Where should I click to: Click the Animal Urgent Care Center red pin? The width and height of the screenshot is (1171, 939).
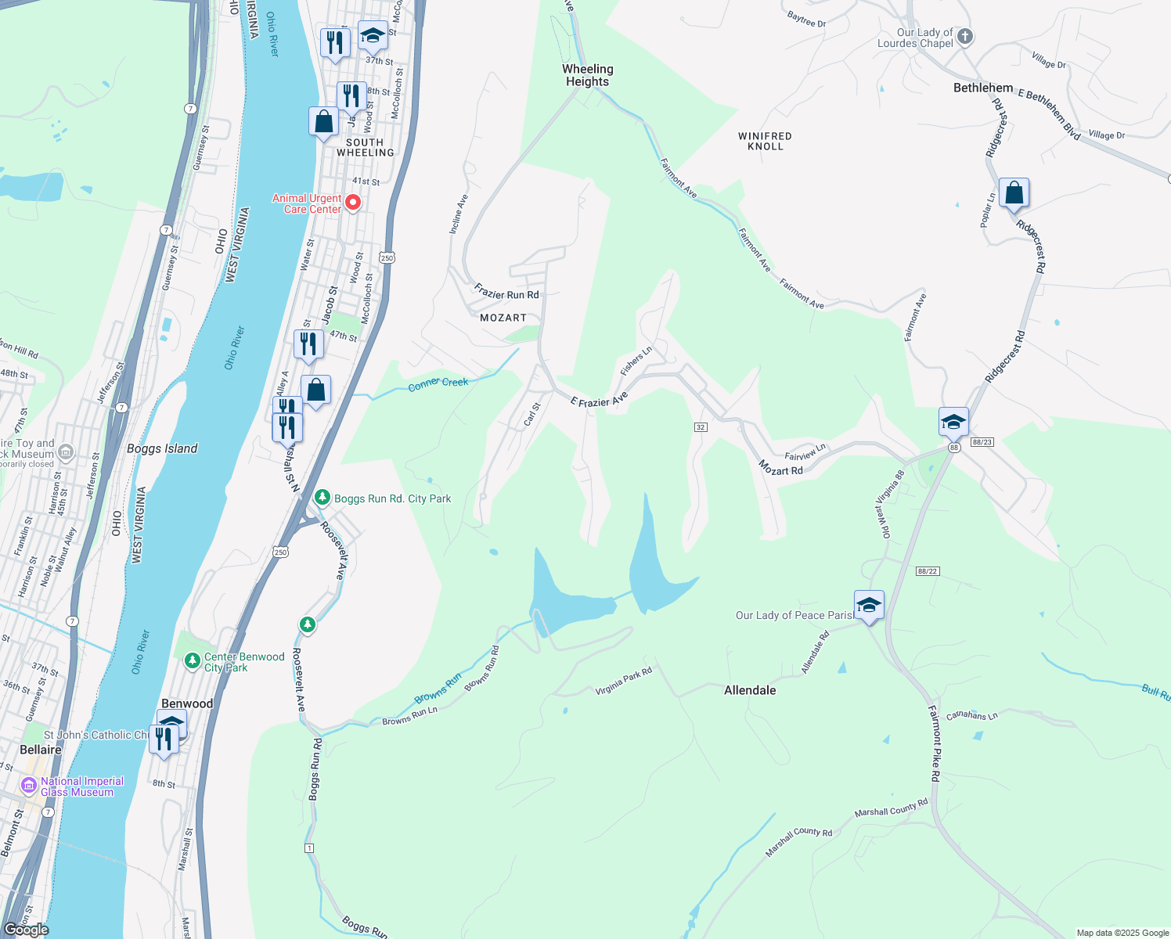(x=353, y=203)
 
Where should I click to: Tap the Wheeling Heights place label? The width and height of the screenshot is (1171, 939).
(x=587, y=75)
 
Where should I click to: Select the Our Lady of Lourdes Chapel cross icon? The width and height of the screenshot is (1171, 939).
(x=965, y=36)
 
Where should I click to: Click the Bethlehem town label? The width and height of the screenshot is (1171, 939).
(x=983, y=88)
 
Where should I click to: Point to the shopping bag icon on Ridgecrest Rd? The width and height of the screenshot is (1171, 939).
(x=1014, y=193)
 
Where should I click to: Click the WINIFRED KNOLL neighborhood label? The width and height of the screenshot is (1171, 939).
(x=765, y=141)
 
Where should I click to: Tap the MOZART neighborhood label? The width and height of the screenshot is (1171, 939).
(x=503, y=318)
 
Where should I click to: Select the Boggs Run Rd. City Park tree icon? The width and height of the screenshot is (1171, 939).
(x=322, y=498)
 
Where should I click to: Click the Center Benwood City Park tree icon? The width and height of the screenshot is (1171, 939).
(x=193, y=661)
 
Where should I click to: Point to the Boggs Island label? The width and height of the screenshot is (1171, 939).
(x=162, y=448)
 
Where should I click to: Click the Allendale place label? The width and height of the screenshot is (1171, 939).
(x=750, y=690)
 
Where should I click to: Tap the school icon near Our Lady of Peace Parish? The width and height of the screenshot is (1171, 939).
(x=869, y=605)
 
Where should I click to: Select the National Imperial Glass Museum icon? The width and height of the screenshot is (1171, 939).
(x=29, y=785)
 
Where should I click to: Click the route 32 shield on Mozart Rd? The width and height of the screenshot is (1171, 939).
(x=701, y=427)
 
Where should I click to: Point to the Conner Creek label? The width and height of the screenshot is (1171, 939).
(x=438, y=383)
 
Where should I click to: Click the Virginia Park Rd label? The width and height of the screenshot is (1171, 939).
(x=623, y=682)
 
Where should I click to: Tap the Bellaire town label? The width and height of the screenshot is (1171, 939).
(x=41, y=750)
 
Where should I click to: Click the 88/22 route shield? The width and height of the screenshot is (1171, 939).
(x=927, y=571)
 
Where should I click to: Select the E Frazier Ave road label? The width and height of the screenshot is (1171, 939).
(x=600, y=401)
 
